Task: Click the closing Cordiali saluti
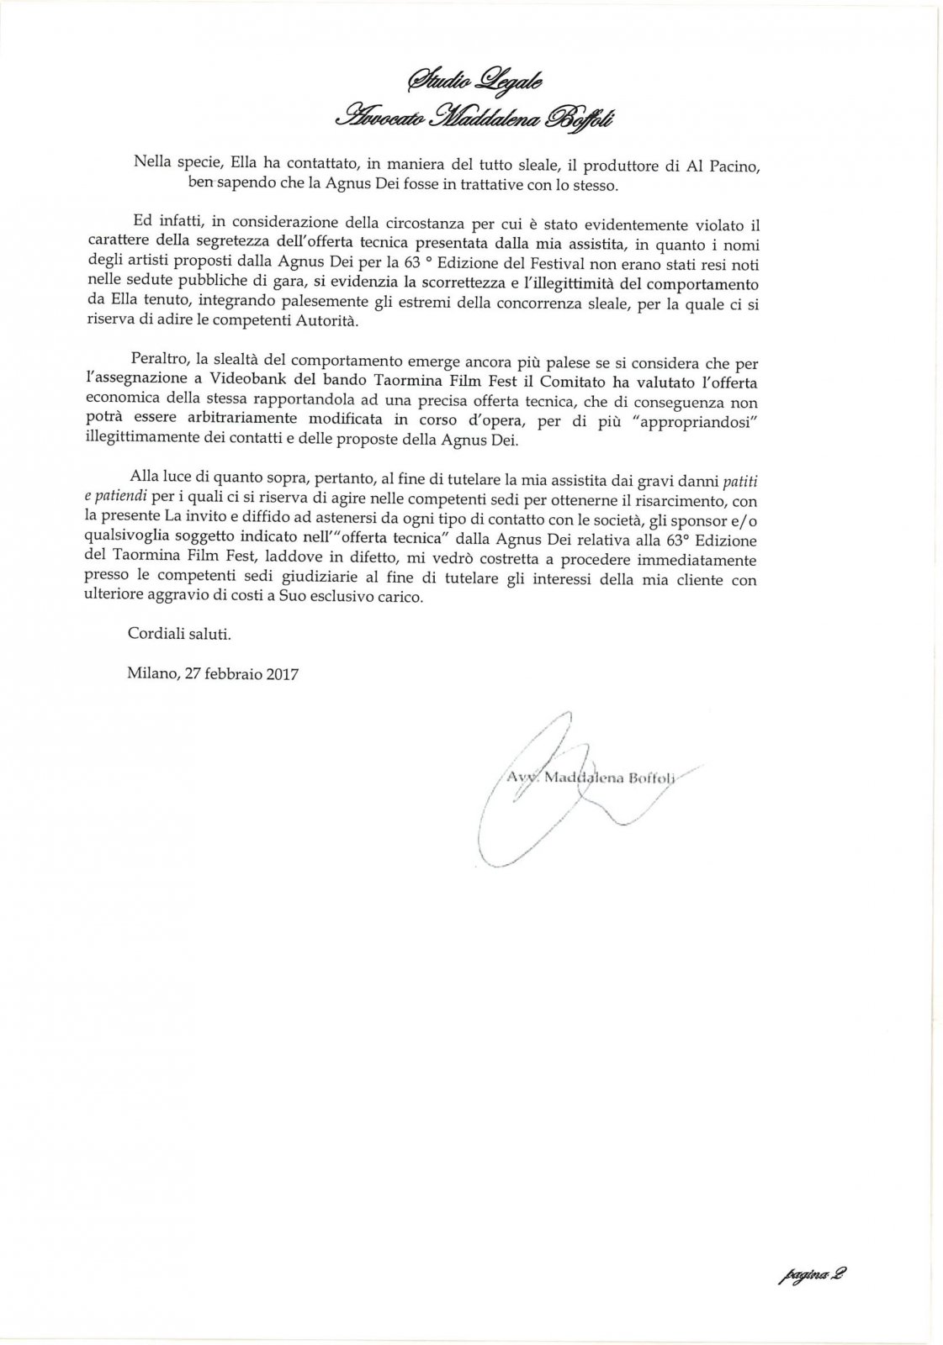tap(178, 634)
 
